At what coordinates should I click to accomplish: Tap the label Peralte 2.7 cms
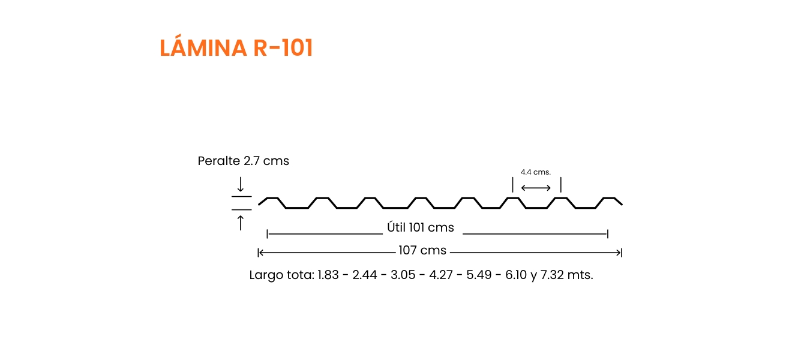tap(244, 161)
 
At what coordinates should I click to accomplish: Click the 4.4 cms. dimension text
tap(536, 172)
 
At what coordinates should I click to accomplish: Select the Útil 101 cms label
tap(420, 227)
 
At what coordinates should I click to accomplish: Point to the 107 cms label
tap(422, 250)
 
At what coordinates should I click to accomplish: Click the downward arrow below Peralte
tap(241, 184)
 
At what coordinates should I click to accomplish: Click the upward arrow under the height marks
tap(241, 223)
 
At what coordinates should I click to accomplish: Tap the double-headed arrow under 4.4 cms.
tap(536, 188)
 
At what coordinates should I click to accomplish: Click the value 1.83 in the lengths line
tap(328, 275)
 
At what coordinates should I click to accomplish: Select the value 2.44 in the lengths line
tap(365, 275)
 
